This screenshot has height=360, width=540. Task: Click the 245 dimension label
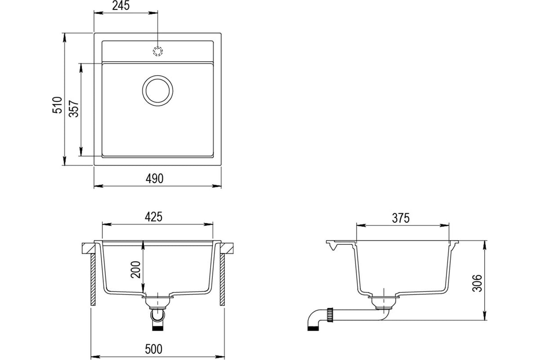(x=121, y=5)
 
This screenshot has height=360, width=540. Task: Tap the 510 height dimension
(x=58, y=105)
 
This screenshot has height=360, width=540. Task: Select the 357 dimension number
(x=74, y=109)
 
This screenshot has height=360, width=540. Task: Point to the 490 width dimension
(x=154, y=179)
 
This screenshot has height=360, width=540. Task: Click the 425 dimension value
(x=153, y=217)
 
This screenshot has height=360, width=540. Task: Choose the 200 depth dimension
(x=135, y=270)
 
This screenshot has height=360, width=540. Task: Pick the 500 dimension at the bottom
(x=154, y=349)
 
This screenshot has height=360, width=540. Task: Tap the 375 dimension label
(x=400, y=218)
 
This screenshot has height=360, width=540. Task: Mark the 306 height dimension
(x=477, y=283)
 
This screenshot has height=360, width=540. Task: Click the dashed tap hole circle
(x=158, y=51)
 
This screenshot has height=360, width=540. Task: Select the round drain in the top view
(x=157, y=90)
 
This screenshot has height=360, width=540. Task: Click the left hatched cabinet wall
(x=93, y=280)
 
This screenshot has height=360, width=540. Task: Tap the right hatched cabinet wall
(x=222, y=280)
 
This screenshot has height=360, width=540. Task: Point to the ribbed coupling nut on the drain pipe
(x=329, y=315)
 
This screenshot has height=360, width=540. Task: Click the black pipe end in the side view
(x=313, y=328)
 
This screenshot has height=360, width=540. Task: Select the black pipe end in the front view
(x=158, y=328)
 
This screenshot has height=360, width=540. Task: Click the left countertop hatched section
(x=88, y=248)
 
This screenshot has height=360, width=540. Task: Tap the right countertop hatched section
(x=227, y=248)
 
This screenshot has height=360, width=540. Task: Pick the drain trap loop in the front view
(x=158, y=316)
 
